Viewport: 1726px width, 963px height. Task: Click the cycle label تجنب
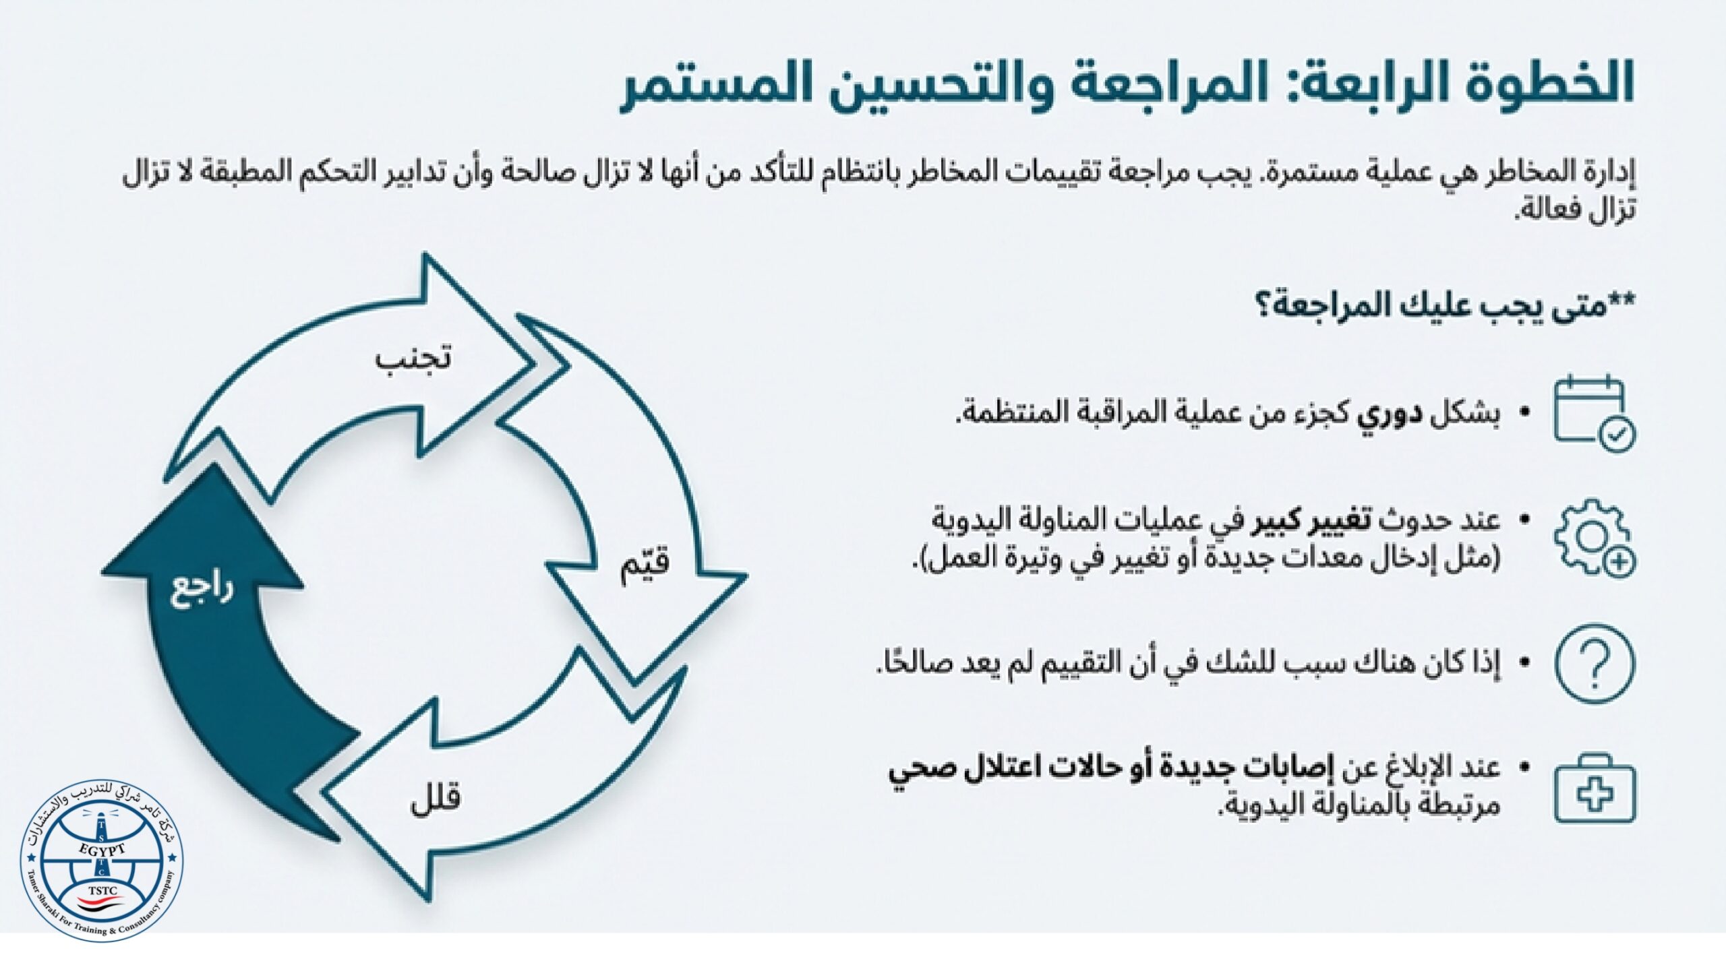tap(413, 357)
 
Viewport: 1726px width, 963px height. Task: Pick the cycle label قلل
tap(436, 799)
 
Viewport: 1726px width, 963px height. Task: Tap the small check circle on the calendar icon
tap(1616, 435)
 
